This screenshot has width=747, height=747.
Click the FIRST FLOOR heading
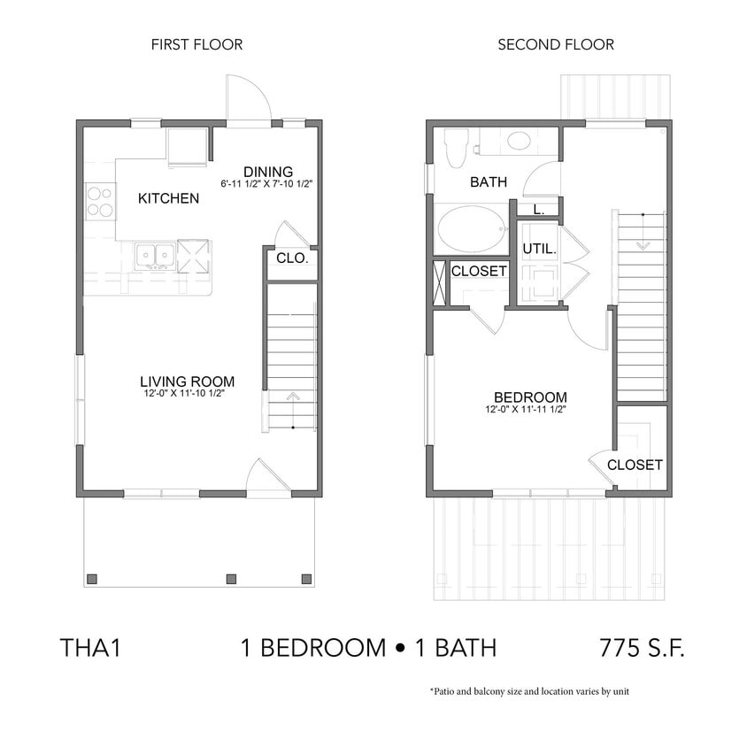click(196, 44)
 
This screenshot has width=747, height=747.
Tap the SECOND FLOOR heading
click(555, 44)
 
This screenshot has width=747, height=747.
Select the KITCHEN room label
click(168, 198)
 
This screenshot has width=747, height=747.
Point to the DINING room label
click(267, 172)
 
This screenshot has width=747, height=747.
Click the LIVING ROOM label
click(187, 381)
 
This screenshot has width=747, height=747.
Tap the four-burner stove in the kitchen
click(100, 202)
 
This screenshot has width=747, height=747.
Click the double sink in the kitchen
click(155, 256)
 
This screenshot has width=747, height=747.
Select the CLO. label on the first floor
click(291, 259)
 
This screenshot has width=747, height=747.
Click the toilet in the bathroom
click(456, 147)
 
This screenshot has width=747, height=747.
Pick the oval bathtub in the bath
click(468, 229)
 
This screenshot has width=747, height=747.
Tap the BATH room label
click(488, 182)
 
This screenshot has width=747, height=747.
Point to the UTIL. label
click(538, 250)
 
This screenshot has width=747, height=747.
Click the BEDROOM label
click(530, 397)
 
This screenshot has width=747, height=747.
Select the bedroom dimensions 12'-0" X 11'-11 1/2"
click(525, 410)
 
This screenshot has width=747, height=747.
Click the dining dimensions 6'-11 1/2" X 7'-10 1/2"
click(267, 184)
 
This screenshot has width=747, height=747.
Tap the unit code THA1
click(89, 647)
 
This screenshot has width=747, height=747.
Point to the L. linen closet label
click(538, 209)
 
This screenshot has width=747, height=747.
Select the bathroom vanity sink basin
click(518, 141)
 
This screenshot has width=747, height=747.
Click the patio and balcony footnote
click(529, 691)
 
